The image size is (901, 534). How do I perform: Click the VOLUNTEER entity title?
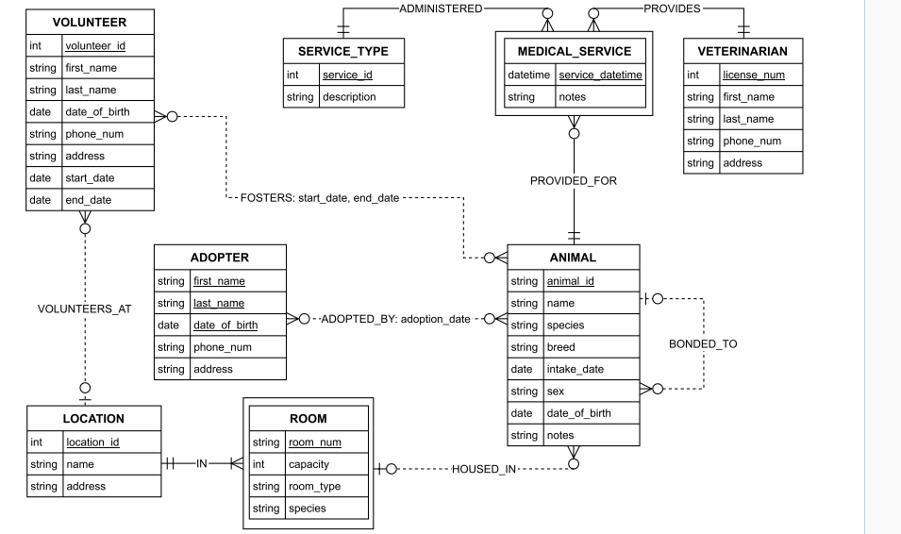pyautogui.click(x=90, y=22)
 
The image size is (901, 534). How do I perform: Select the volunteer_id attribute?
pyautogui.click(x=94, y=45)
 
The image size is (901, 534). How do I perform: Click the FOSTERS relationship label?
pyautogui.click(x=320, y=198)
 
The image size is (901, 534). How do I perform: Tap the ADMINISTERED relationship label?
pyautogui.click(x=440, y=8)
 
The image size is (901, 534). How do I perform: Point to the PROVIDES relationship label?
pyautogui.click(x=672, y=8)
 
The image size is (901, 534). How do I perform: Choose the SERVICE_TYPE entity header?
pyautogui.click(x=349, y=51)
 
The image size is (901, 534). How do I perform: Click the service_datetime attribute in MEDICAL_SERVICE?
pyautogui.click(x=601, y=75)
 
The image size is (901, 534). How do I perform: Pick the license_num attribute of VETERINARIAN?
pyautogui.click(x=753, y=75)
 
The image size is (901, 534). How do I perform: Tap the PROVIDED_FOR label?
pyautogui.click(x=574, y=181)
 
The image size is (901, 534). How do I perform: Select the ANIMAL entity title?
pyautogui.click(x=574, y=258)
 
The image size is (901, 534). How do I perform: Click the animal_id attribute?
pyautogui.click(x=570, y=280)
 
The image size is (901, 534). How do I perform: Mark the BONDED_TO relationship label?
pyautogui.click(x=703, y=344)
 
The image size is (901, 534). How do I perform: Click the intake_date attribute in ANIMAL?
pyautogui.click(x=576, y=369)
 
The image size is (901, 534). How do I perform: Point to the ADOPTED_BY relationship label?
pyautogui.click(x=395, y=319)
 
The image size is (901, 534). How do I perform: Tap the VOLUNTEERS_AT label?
pyautogui.click(x=85, y=308)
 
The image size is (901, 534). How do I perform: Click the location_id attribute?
pyautogui.click(x=92, y=442)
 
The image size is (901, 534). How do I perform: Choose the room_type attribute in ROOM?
pyautogui.click(x=314, y=486)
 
